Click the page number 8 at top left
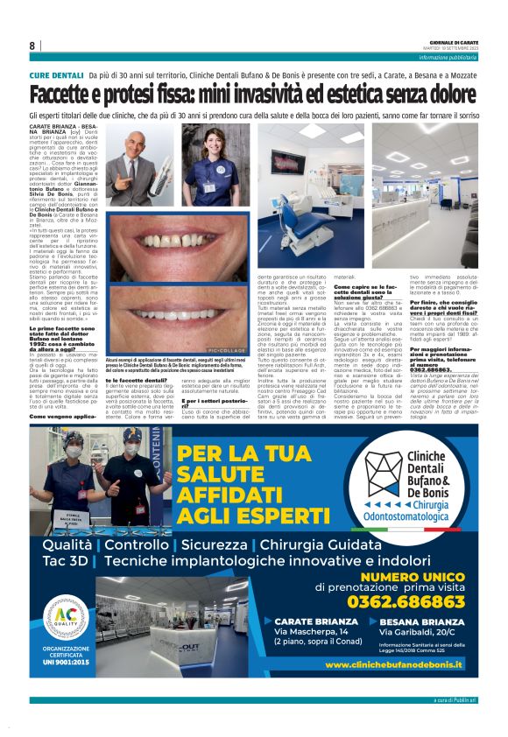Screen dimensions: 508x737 click(32, 46)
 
